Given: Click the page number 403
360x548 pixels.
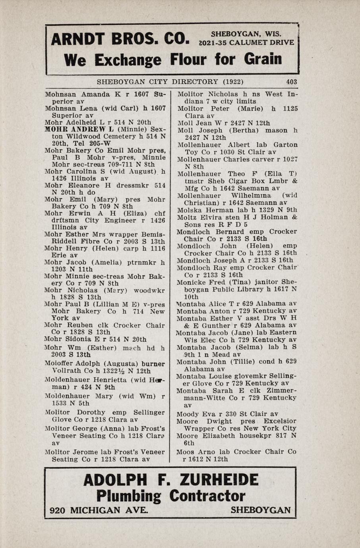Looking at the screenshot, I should [x=291, y=82].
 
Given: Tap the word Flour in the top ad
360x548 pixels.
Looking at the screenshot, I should [x=188, y=60].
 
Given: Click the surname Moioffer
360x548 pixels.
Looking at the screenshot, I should [x=59, y=364].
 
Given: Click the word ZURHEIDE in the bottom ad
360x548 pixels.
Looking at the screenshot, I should [x=219, y=480].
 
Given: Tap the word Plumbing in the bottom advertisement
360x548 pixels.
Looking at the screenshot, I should [x=129, y=496].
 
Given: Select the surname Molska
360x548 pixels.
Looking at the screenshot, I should [x=188, y=210].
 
